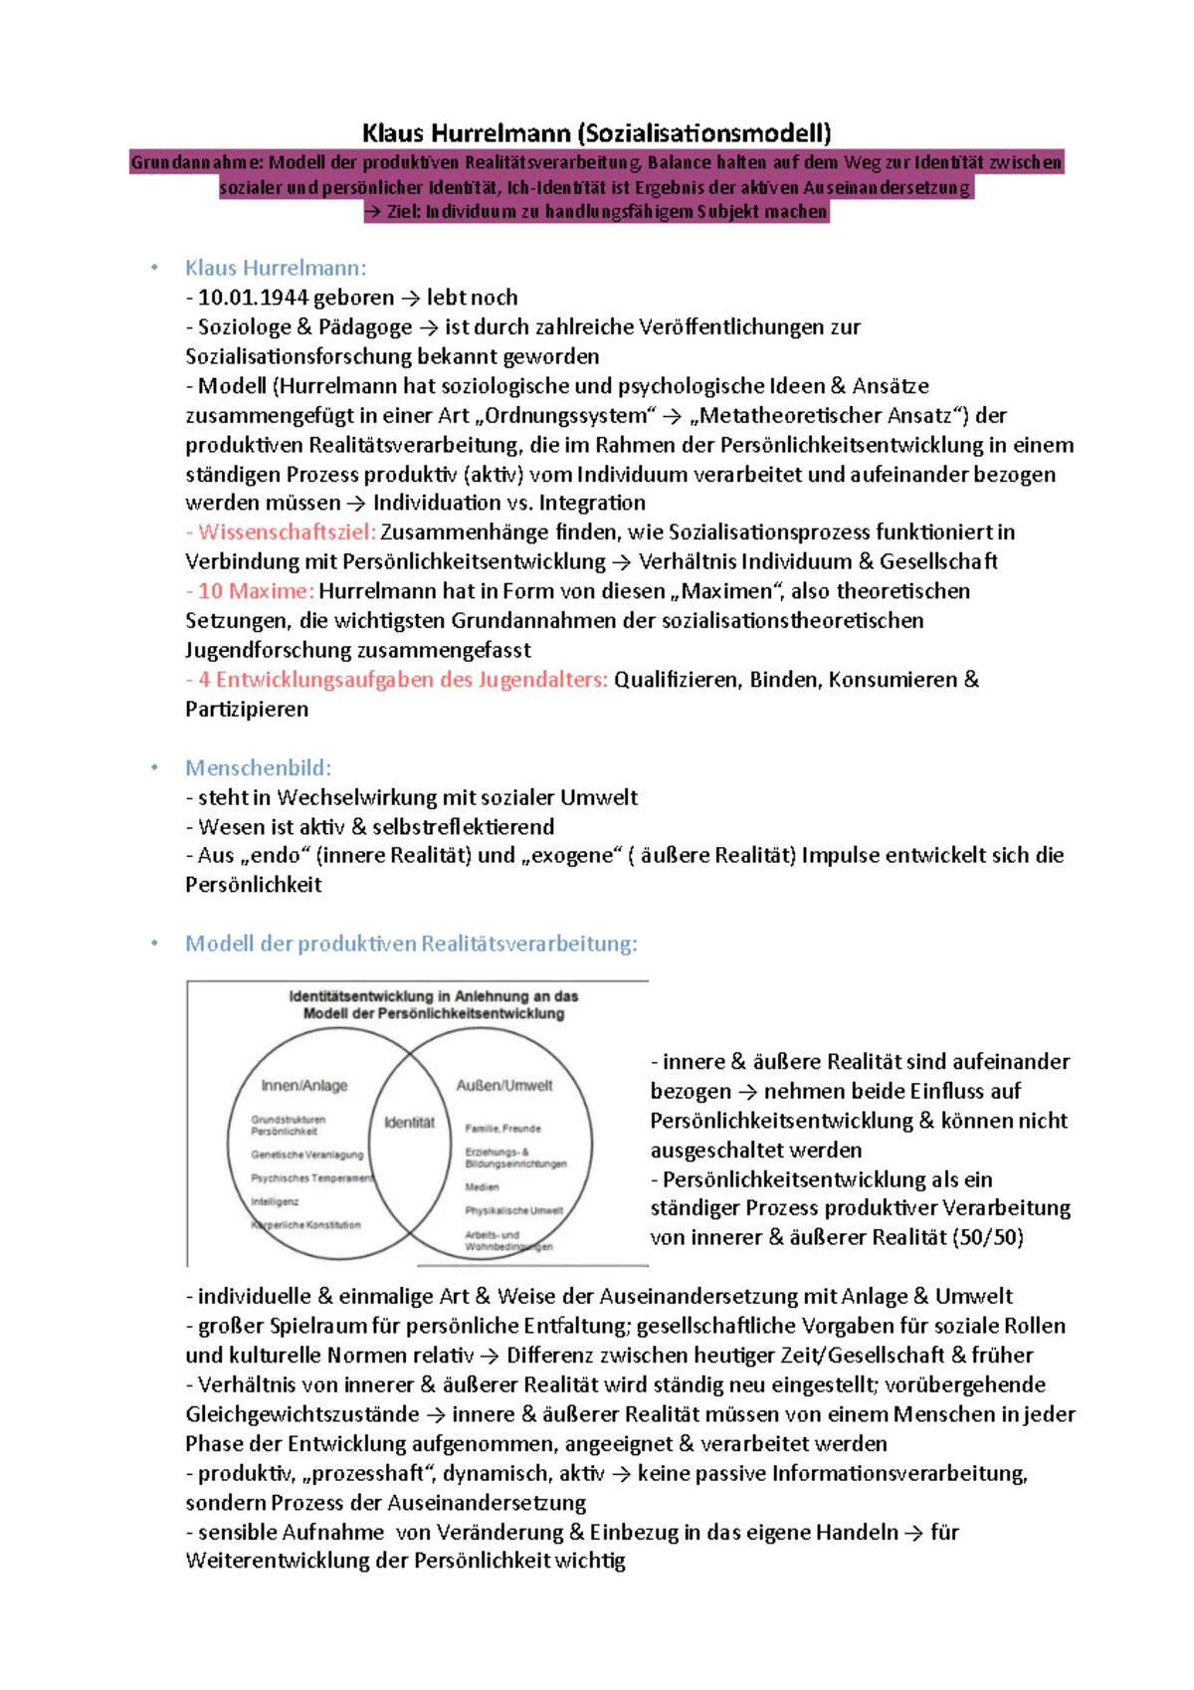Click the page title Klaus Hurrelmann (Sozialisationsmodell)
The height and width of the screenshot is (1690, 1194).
coord(596,132)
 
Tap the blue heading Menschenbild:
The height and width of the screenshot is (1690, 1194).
coord(258,767)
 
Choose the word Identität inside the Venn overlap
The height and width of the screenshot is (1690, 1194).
coord(409,1122)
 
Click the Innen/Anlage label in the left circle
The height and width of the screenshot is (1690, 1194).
coord(304,1085)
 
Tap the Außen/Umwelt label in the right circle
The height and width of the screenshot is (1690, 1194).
coord(503,1085)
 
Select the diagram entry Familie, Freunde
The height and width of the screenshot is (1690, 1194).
coord(502,1129)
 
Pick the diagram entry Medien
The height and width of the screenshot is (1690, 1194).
coord(482,1186)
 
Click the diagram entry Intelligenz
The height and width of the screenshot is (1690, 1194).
coord(275,1201)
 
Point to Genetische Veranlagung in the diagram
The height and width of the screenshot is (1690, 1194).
coord(306,1155)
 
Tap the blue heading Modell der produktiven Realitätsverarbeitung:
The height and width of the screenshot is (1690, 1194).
coord(411,944)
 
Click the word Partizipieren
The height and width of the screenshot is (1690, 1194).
coord(247,710)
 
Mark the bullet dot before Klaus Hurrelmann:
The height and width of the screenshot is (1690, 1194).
coord(154,268)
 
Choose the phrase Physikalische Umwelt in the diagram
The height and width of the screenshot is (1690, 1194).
coord(513,1210)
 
